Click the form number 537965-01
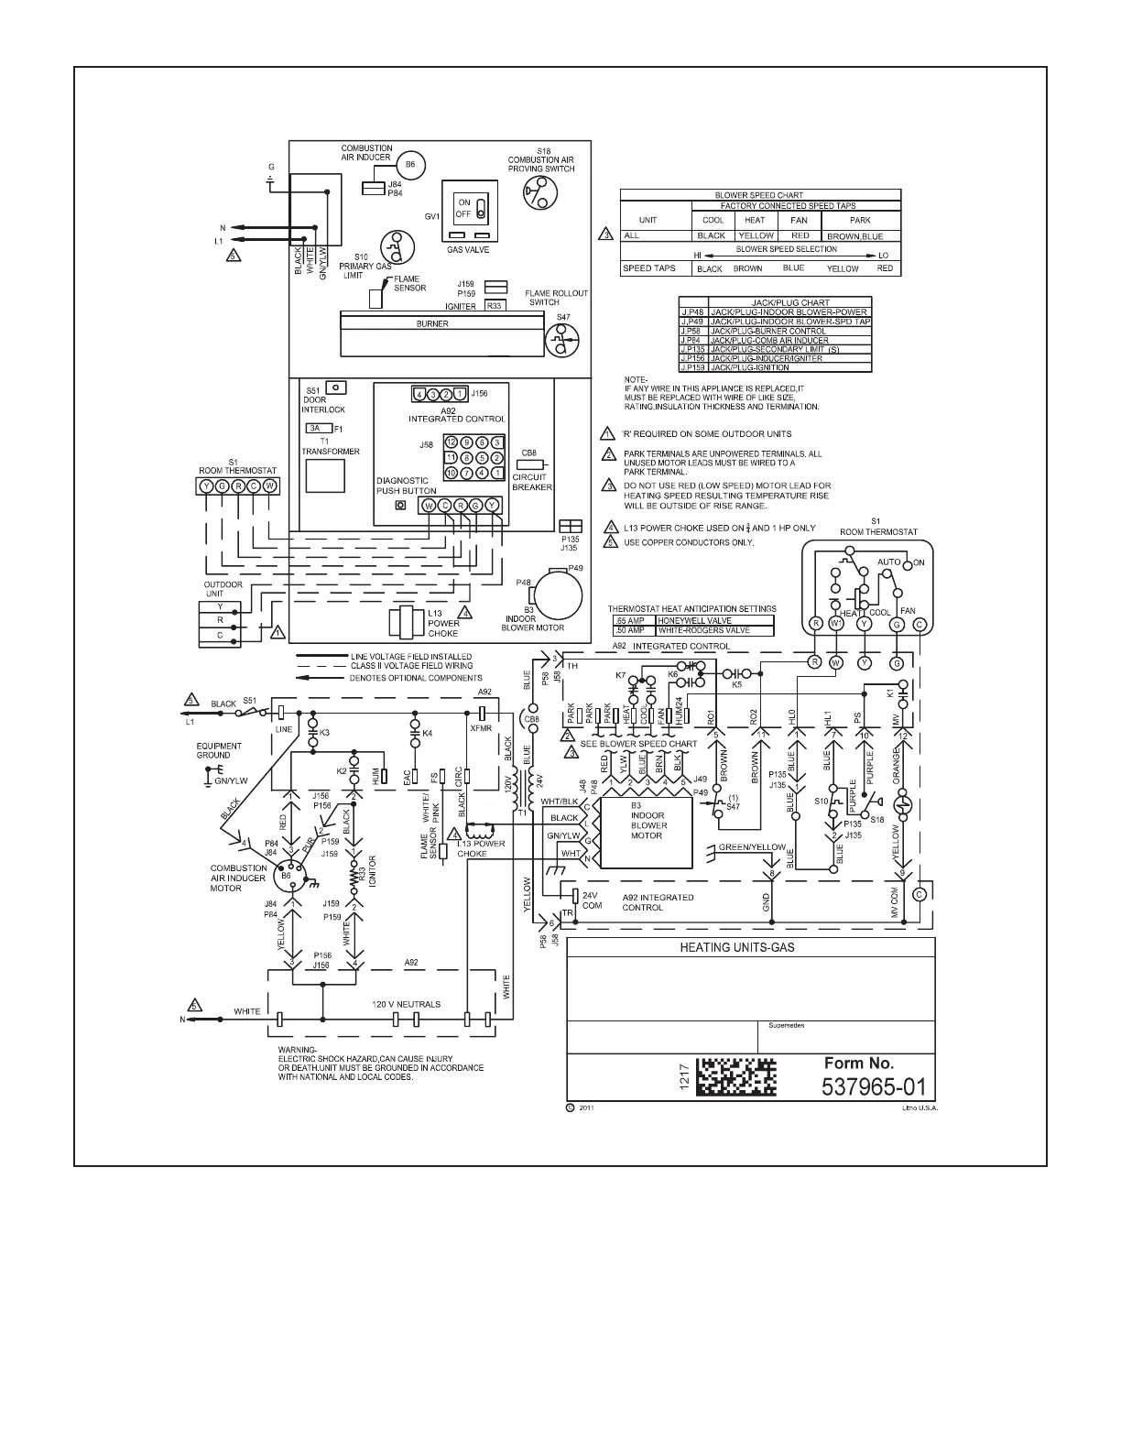pos(875,1087)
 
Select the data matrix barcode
pos(736,1077)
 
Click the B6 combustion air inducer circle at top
pos(410,163)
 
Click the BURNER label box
pos(432,323)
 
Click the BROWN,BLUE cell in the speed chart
pos(854,235)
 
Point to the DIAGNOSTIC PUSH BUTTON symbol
pos(399,506)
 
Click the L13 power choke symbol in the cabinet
pos(403,623)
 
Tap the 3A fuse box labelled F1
pos(314,428)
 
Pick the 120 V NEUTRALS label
pos(406,1004)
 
